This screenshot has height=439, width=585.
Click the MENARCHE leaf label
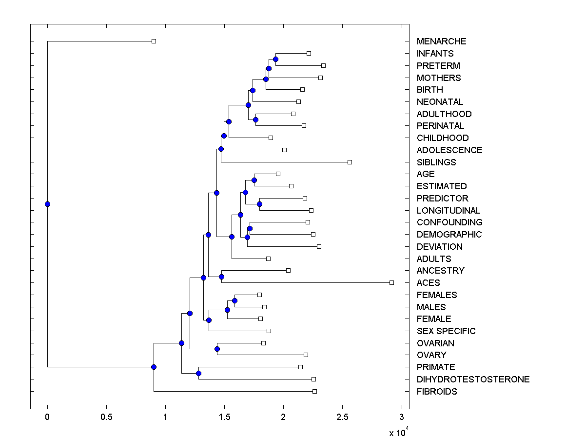click(441, 41)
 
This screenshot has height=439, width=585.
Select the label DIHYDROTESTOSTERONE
click(473, 379)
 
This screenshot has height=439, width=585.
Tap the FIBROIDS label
click(437, 392)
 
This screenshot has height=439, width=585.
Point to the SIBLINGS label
click(436, 162)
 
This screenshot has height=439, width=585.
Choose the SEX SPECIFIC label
click(446, 331)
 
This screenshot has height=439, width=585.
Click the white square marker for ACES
click(391, 282)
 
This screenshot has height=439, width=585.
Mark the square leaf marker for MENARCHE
click(154, 41)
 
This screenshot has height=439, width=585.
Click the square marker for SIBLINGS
click(350, 162)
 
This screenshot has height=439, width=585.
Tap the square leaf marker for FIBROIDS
click(314, 391)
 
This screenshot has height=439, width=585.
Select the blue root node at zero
click(47, 204)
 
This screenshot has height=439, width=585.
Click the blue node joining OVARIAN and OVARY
click(217, 349)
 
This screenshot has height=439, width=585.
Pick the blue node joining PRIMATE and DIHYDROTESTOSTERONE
click(198, 373)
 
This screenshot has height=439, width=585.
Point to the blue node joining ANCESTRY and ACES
click(221, 277)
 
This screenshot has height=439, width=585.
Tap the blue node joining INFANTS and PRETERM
click(275, 59)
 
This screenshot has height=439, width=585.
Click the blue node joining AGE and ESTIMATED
click(254, 180)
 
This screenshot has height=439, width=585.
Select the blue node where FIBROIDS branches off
click(154, 367)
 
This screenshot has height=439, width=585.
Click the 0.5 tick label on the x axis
click(106, 417)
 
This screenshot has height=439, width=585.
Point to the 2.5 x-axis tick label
click(342, 417)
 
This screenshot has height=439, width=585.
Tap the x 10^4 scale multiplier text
click(397, 432)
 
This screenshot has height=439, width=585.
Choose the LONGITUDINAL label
click(448, 211)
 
